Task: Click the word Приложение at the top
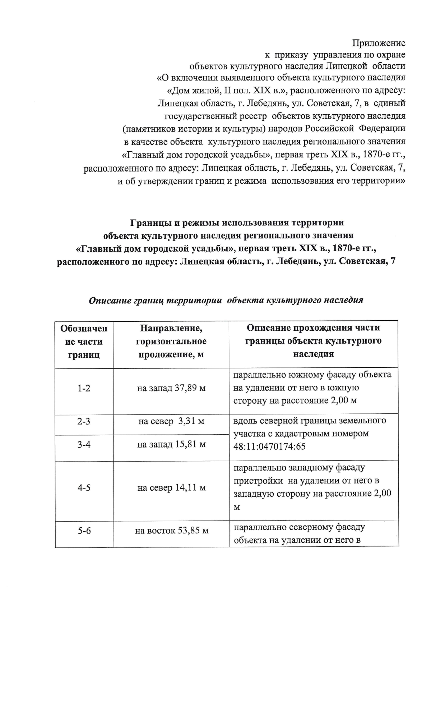click(379, 43)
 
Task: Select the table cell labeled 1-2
click(84, 388)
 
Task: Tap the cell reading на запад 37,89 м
click(171, 388)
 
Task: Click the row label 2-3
click(84, 421)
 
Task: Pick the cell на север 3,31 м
click(171, 421)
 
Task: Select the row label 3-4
click(84, 445)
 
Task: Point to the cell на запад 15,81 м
click(171, 445)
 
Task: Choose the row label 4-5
click(84, 488)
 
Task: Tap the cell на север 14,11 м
click(171, 488)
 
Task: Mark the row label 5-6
click(84, 531)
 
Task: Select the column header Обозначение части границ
click(84, 341)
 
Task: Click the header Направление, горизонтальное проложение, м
click(171, 341)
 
